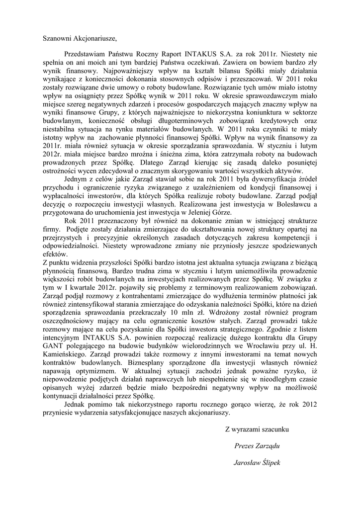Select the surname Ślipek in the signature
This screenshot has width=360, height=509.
(x=269, y=462)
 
